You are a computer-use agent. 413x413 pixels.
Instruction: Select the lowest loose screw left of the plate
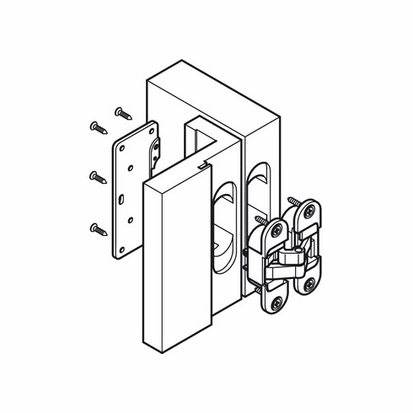click(x=98, y=228)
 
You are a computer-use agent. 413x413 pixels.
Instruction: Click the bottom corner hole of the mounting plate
click(x=123, y=249)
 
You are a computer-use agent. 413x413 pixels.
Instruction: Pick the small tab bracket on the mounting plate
click(x=157, y=151)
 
